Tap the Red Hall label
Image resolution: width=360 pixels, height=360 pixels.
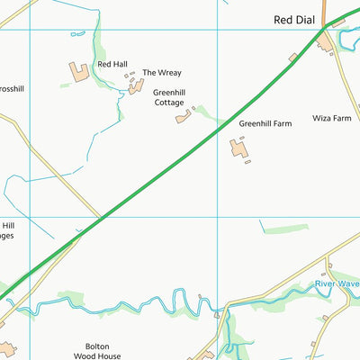pyautogui.click(x=112, y=65)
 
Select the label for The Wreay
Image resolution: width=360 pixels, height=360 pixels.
pyautogui.click(x=162, y=72)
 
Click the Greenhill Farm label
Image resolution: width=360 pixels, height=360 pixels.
pyautogui.click(x=265, y=122)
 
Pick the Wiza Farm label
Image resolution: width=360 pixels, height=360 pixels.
pyautogui.click(x=330, y=118)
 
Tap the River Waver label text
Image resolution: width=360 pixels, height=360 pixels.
pyautogui.click(x=337, y=284)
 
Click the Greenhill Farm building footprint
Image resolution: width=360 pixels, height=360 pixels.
pyautogui.click(x=238, y=148)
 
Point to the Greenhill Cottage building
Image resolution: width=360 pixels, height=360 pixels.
pyautogui.click(x=184, y=117)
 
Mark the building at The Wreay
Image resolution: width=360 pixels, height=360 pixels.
pyautogui.click(x=136, y=86)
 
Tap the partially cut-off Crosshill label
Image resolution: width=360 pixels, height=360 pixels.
pyautogui.click(x=12, y=89)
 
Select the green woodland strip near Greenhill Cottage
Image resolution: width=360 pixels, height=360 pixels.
pyautogui.click(x=209, y=114)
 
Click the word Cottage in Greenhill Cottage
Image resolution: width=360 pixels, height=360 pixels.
pyautogui.click(x=168, y=103)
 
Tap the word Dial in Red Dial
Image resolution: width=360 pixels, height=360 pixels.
pyautogui.click(x=307, y=19)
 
